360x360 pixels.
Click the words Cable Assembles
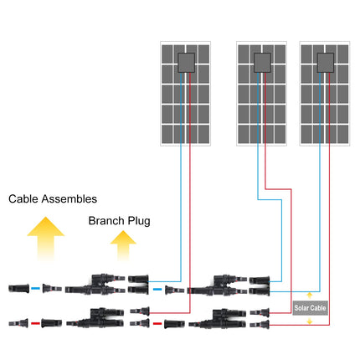[x=53, y=199]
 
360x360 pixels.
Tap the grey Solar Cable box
[x=310, y=308]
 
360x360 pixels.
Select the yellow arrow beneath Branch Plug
[x=123, y=248]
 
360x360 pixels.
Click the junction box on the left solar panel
[x=186, y=62]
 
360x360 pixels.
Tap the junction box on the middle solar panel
[x=263, y=62]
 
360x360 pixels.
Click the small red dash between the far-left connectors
[x=36, y=321]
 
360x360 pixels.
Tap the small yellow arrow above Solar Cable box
[x=310, y=296]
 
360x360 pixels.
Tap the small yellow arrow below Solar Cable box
[x=310, y=321]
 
